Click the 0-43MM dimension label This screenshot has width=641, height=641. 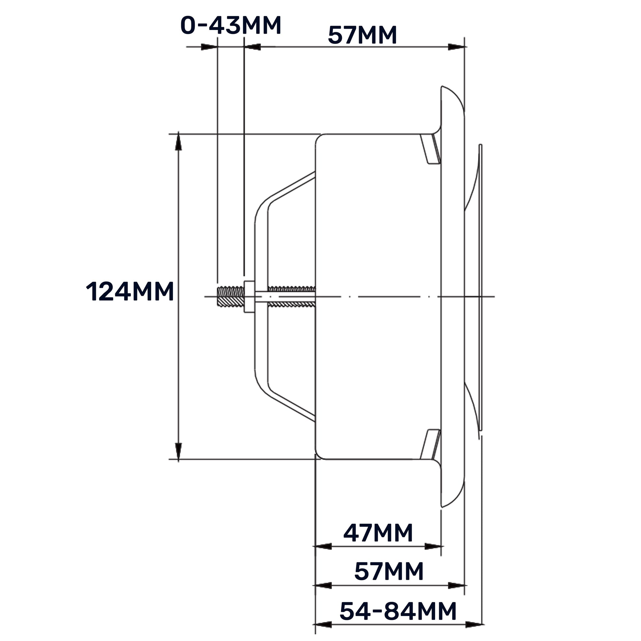click(x=231, y=25)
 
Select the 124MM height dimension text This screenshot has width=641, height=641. click(x=130, y=292)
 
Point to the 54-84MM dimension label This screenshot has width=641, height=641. click(x=398, y=611)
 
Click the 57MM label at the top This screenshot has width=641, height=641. click(x=362, y=35)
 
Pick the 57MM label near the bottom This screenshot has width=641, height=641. click(x=389, y=571)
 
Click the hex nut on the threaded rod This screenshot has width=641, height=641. click(x=249, y=296)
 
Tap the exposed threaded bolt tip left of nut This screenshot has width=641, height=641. click(x=231, y=296)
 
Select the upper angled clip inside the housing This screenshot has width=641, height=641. click(x=430, y=149)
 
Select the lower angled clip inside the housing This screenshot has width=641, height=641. click(x=430, y=444)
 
